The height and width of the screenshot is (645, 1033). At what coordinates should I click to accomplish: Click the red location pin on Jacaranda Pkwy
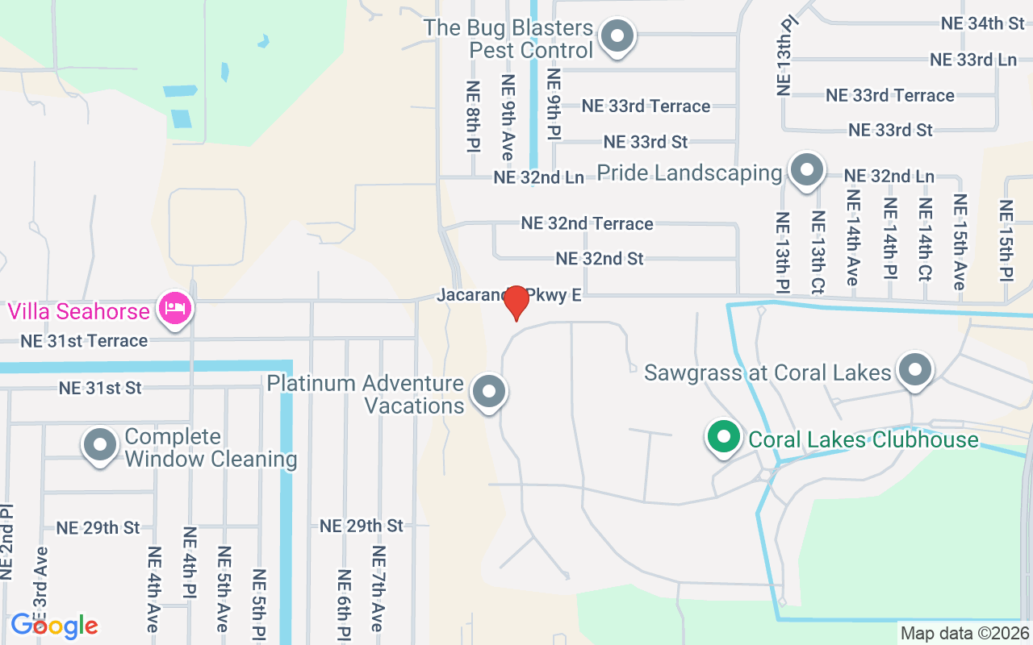click(x=516, y=303)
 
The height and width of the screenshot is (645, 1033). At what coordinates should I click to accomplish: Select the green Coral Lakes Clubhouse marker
click(x=724, y=438)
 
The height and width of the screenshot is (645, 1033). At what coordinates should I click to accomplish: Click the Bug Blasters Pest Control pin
click(x=618, y=36)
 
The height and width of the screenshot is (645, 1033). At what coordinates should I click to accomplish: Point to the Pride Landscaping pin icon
click(x=806, y=171)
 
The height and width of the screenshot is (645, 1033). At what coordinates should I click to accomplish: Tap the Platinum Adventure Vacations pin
click(x=488, y=393)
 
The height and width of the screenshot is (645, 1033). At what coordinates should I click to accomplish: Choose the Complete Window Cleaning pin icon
click(x=101, y=445)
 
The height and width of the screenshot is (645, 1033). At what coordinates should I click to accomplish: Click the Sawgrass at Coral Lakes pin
click(x=915, y=371)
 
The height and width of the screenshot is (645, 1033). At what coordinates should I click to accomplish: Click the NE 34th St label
click(x=983, y=23)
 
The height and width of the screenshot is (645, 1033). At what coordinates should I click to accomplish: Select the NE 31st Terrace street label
click(x=84, y=341)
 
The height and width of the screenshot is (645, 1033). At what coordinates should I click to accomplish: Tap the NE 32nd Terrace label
click(x=587, y=223)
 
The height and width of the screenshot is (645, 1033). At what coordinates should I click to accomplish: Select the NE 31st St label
click(x=100, y=388)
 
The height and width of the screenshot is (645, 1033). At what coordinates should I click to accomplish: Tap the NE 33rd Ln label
click(x=972, y=60)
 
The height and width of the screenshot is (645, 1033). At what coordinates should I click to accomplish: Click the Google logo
click(x=54, y=626)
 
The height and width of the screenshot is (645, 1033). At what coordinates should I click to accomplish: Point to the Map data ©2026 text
click(x=965, y=634)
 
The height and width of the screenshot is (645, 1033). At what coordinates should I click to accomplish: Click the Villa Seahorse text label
click(x=79, y=311)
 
